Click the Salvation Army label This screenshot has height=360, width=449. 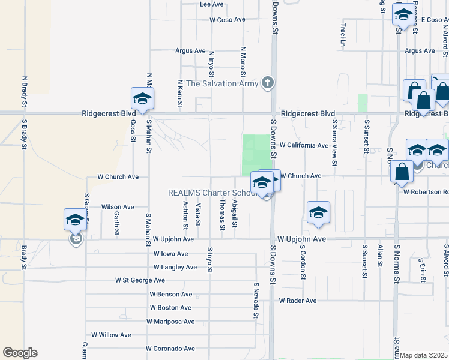coord(222,83)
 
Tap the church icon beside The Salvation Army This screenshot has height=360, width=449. coord(268,83)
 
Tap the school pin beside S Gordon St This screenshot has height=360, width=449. coord(318,213)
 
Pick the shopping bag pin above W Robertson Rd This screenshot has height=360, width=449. coord(401,172)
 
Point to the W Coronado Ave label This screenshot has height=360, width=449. coord(170,349)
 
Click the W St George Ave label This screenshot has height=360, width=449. coord(140,280)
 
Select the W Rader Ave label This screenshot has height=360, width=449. coord(297,301)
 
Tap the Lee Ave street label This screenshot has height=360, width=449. coord(211,4)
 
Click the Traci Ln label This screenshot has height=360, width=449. coord(343,35)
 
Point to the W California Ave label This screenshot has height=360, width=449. coord(304,145)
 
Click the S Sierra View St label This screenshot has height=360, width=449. coord(335,142)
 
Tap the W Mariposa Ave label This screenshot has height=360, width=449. coord(170,322)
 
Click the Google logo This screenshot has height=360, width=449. coord(20,353)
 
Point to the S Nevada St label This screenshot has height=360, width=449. coord(255,301)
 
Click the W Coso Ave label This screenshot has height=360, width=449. coord(228,20)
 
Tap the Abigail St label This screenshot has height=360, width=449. coord(235,214)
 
